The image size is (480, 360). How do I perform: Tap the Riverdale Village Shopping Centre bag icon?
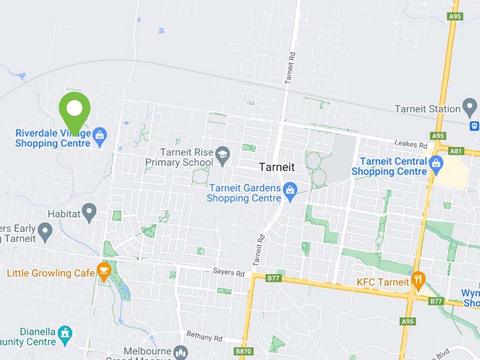[x=99, y=135]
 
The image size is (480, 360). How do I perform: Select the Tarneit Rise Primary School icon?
[x=222, y=154]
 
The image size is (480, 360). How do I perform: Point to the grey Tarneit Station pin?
[x=470, y=107]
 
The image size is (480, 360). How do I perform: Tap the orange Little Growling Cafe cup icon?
[x=104, y=271]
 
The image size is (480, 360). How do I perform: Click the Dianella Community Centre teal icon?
[x=65, y=334]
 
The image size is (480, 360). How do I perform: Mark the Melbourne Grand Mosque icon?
[x=181, y=352]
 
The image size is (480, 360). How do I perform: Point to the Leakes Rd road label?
[x=410, y=143]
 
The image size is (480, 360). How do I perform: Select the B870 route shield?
[x=243, y=351]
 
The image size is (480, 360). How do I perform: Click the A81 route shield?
[x=456, y=150]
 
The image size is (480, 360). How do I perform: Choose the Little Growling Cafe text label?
[x=51, y=273]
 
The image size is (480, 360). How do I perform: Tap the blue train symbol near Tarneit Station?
[x=475, y=125]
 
